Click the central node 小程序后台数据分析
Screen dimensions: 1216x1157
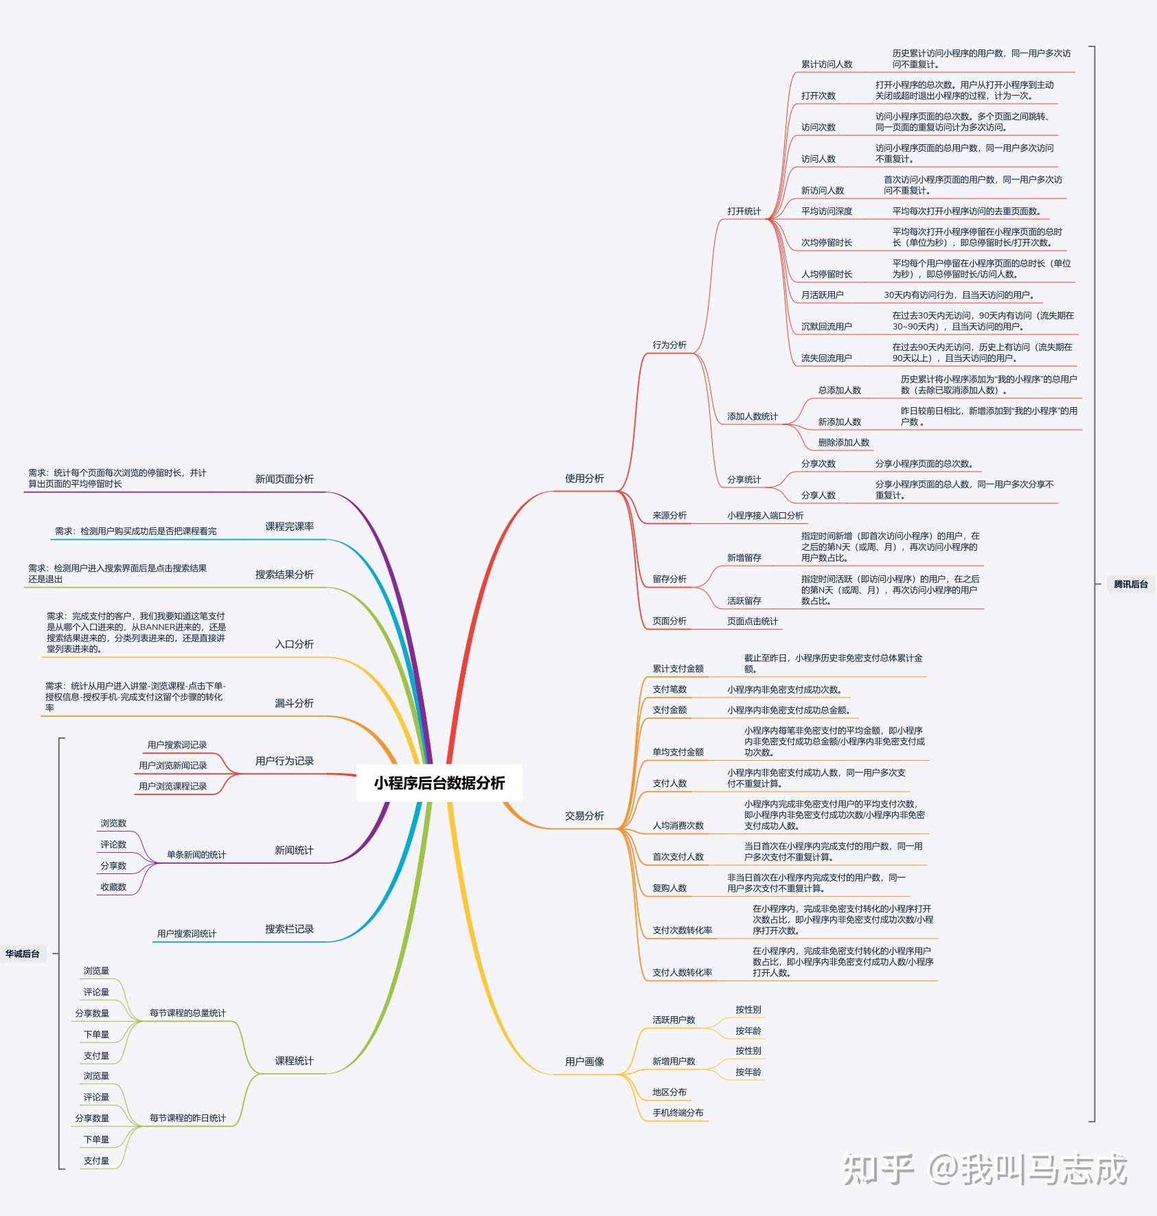point(439,783)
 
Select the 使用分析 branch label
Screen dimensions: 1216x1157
point(584,479)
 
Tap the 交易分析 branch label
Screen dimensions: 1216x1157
point(584,816)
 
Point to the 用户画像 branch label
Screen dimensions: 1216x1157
point(584,1062)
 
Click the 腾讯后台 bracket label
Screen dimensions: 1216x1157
point(1130,584)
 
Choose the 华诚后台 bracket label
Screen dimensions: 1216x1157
point(23,954)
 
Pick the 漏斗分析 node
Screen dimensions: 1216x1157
point(294,703)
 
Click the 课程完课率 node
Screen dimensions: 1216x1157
point(289,527)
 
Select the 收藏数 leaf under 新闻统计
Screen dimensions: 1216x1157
point(113,887)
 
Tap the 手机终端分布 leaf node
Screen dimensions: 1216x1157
point(678,1113)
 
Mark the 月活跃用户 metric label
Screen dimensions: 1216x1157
point(822,295)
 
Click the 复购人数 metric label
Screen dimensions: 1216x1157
point(669,888)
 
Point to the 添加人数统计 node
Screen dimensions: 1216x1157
point(753,417)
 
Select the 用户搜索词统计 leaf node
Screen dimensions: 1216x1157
point(186,934)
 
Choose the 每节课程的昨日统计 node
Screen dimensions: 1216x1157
point(187,1119)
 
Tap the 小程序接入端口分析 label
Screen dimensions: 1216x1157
point(765,516)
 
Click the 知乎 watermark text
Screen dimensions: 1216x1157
point(878,1169)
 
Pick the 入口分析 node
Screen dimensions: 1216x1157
point(294,644)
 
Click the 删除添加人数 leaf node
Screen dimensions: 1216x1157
point(843,443)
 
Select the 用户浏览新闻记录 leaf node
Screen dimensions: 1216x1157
point(172,766)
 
